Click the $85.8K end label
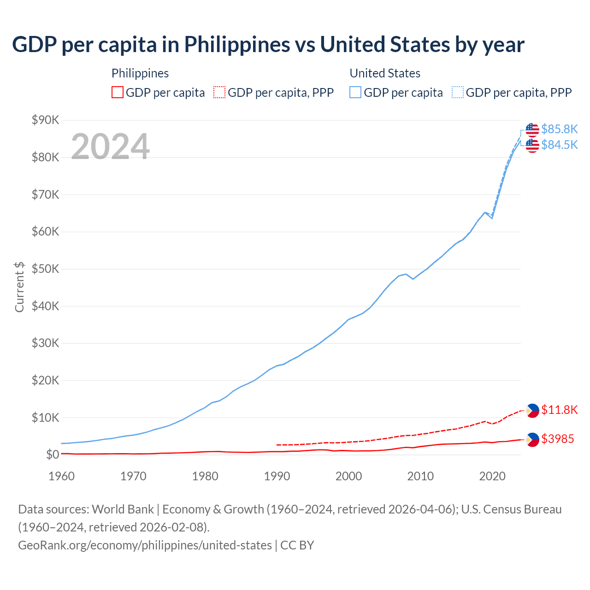click(x=559, y=129)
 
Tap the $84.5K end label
click(x=559, y=145)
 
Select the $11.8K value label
click(x=559, y=410)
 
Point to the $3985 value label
click(x=557, y=439)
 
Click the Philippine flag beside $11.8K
click(x=532, y=410)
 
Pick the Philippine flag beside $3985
click(x=532, y=440)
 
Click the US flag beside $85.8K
click(x=532, y=130)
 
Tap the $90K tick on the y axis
click(x=45, y=120)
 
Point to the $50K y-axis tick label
click(x=45, y=269)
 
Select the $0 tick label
click(x=53, y=455)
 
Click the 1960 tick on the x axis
click(x=61, y=476)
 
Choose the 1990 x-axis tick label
click(x=277, y=476)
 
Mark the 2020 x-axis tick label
click(x=492, y=476)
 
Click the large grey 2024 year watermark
click(x=111, y=147)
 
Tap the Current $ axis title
click(x=19, y=287)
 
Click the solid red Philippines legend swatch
click(x=118, y=92)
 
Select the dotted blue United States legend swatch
click(x=458, y=92)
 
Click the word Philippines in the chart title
click(x=237, y=45)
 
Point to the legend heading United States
click(x=385, y=73)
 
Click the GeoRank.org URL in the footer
click(x=145, y=545)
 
